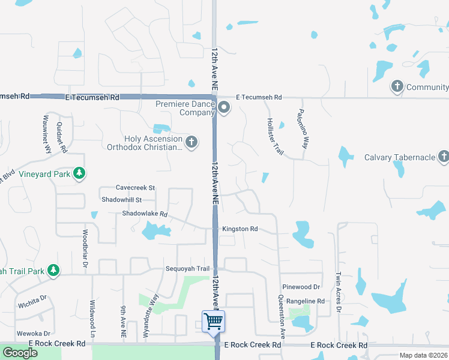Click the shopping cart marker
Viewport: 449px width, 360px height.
point(214,321)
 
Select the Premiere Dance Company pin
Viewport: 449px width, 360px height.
point(224,108)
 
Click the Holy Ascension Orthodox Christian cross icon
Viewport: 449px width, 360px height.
point(191,142)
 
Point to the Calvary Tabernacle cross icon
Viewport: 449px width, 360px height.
point(444,157)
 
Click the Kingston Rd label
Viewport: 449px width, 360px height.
point(240,229)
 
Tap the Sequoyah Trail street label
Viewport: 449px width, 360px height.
point(187,269)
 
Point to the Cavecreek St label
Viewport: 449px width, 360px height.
point(135,188)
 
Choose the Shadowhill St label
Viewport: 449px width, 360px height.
point(121,200)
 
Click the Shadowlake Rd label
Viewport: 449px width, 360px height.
point(144,214)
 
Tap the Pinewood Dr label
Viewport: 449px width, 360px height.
point(303,287)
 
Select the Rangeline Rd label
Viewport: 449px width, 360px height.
point(305,301)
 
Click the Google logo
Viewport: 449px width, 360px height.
point(20,352)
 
